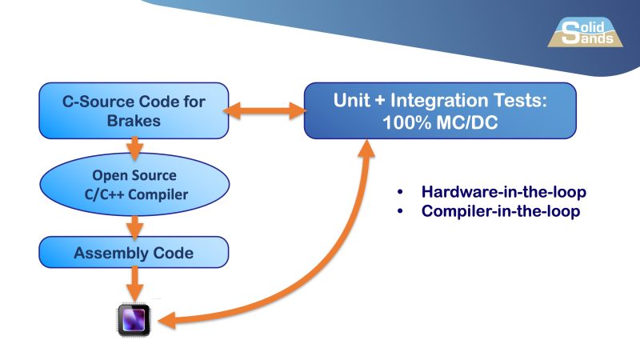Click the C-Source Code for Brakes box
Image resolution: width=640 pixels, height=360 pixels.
point(134,110)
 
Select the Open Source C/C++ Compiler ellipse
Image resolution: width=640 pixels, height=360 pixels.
point(134,184)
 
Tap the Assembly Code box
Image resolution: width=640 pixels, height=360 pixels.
point(134,253)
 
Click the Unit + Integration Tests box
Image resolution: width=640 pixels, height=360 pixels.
point(440,110)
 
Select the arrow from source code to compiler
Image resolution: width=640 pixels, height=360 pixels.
point(134,146)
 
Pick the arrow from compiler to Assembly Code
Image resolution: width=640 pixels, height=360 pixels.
point(134,224)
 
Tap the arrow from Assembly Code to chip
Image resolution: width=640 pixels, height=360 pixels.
point(134,282)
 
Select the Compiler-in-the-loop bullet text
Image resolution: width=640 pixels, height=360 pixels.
point(500,212)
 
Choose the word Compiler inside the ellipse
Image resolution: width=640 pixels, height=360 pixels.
point(157,194)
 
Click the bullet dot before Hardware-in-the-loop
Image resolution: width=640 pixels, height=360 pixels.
point(401,194)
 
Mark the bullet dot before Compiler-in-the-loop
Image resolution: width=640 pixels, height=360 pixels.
point(401,213)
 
